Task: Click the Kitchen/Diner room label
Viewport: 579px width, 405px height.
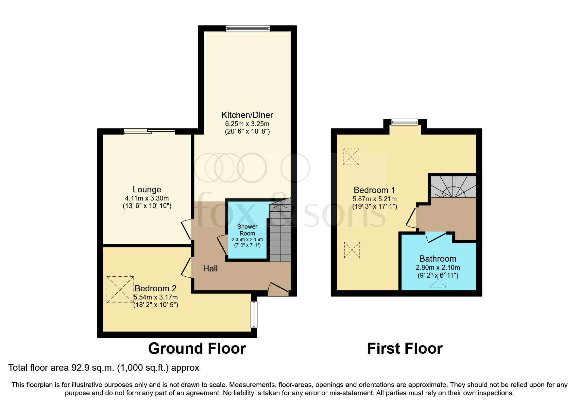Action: [x=247, y=115]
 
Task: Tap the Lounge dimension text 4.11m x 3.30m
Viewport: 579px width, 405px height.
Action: [x=147, y=198]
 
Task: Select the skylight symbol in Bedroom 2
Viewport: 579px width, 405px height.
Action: [x=120, y=290]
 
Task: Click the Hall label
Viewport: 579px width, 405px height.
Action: [x=210, y=268]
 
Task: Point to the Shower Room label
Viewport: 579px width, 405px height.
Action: [x=247, y=230]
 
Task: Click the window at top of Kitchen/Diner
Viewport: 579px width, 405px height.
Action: [x=248, y=29]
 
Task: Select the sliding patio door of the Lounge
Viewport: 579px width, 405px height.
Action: [x=149, y=132]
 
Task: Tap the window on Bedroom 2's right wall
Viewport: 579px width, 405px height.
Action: [x=254, y=314]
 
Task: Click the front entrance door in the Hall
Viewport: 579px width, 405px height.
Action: [x=278, y=289]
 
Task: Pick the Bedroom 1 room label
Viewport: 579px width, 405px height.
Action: [x=374, y=190]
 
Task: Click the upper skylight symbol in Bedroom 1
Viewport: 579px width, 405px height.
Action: [x=351, y=157]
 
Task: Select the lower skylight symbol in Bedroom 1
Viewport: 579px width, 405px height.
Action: [x=352, y=250]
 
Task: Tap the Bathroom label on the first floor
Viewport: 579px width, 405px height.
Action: [x=438, y=259]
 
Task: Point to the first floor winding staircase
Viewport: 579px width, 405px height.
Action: [x=453, y=187]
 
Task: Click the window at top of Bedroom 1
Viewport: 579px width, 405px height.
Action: [x=405, y=122]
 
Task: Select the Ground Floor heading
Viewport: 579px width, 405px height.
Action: [x=197, y=348]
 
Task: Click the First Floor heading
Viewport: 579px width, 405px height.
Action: [x=405, y=348]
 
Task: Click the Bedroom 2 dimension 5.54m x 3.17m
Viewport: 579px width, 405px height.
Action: [x=156, y=297]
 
